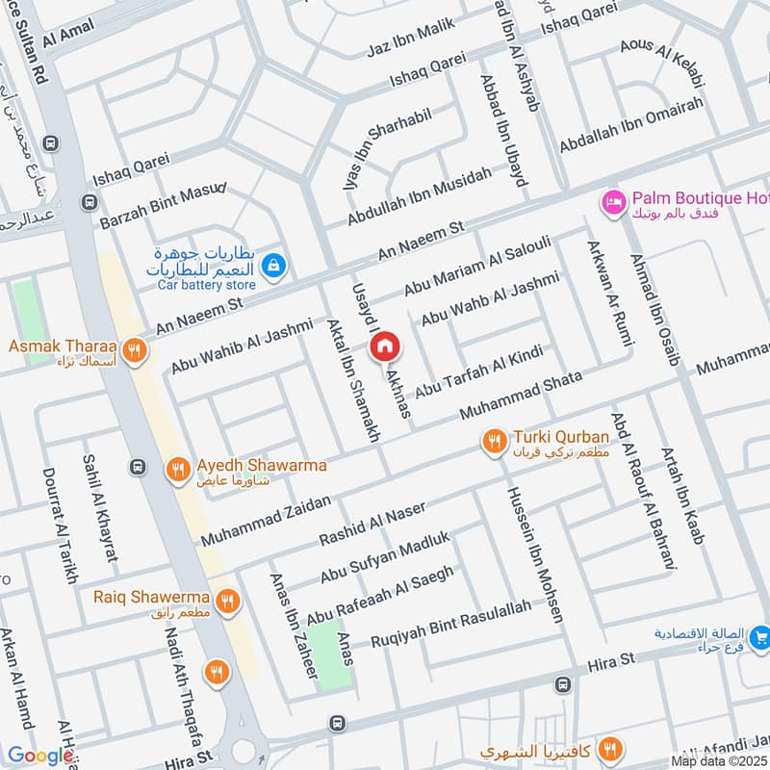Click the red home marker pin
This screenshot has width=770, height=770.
pos(384,345)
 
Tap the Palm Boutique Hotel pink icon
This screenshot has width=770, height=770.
pos(612,201)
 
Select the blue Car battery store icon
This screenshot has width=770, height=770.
pos(273,265)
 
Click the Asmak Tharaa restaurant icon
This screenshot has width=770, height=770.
pos(134,351)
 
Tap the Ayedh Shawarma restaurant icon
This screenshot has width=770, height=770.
pos(176,469)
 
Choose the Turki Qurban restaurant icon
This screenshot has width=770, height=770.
pos(495,441)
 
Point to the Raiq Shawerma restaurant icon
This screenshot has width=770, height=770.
pos(227,602)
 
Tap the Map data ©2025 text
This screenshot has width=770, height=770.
pos(720,760)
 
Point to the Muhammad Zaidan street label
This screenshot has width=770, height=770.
pos(265,520)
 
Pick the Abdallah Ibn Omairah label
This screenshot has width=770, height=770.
pos(631,126)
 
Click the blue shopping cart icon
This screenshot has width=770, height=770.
pos(760,636)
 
